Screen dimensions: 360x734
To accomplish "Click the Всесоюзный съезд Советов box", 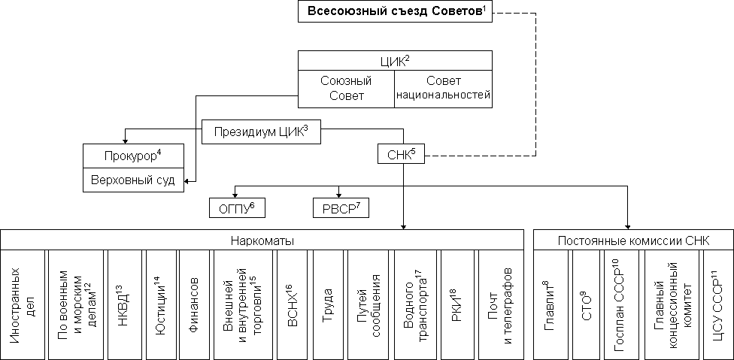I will pyautogui.click(x=395, y=11).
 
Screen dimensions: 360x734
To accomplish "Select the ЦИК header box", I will pyautogui.click(x=395, y=61).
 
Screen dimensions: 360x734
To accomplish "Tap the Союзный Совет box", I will pyautogui.click(x=346, y=89).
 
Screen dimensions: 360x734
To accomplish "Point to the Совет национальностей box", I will pyautogui.click(x=443, y=89).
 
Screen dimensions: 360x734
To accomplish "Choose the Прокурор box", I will pyautogui.click(x=132, y=157).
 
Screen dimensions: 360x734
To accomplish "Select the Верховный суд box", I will pyautogui.click(x=132, y=181).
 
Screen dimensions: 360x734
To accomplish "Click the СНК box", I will pyautogui.click(x=396, y=155).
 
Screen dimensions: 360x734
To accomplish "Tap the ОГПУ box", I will pyautogui.click(x=237, y=208).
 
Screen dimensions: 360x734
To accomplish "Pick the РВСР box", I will pyautogui.click(x=341, y=208).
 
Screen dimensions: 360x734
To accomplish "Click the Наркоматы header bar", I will pyautogui.click(x=262, y=241).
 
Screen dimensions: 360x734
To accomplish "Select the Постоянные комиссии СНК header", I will pyautogui.click(x=634, y=241).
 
